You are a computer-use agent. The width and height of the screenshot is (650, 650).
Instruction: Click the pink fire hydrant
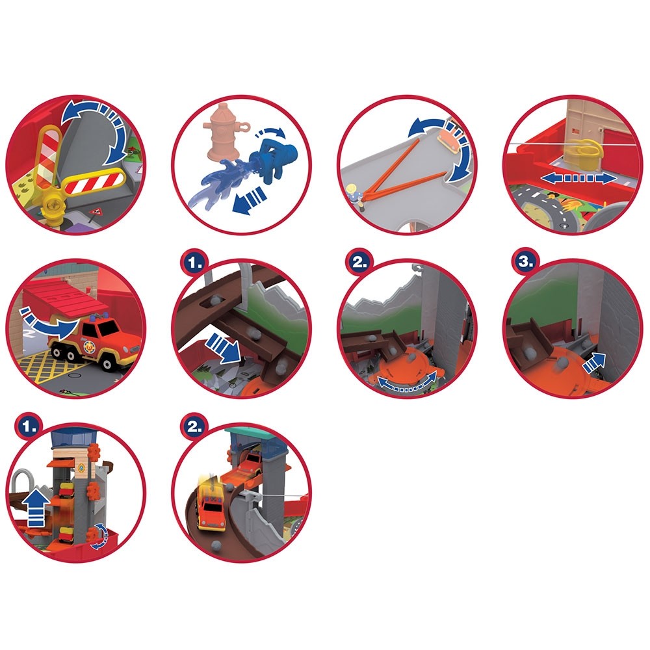click(219, 139)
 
